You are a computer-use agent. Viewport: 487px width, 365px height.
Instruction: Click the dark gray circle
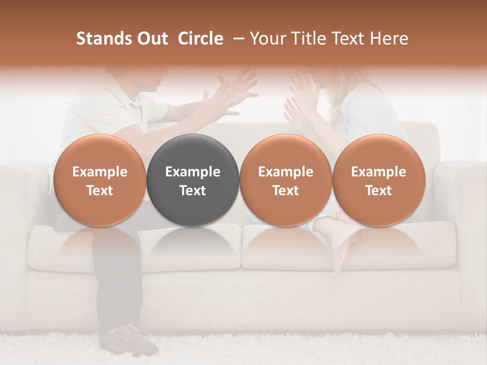point(193,180)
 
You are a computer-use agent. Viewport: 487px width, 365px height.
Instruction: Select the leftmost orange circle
point(99,180)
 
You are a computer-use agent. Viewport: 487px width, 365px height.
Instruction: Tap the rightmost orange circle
point(378,180)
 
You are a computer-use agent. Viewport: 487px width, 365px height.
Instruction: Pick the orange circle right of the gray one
point(286,180)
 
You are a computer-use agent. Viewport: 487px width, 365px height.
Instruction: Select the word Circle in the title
point(200,39)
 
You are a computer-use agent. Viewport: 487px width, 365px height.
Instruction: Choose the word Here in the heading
point(390,39)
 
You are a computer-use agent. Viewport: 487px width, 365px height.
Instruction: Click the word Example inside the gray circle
point(193,172)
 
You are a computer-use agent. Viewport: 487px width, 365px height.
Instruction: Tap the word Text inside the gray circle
point(193,191)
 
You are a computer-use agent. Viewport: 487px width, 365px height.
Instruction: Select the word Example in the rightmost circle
point(378,172)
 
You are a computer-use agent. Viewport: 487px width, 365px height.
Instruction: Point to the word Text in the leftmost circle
point(99,191)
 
